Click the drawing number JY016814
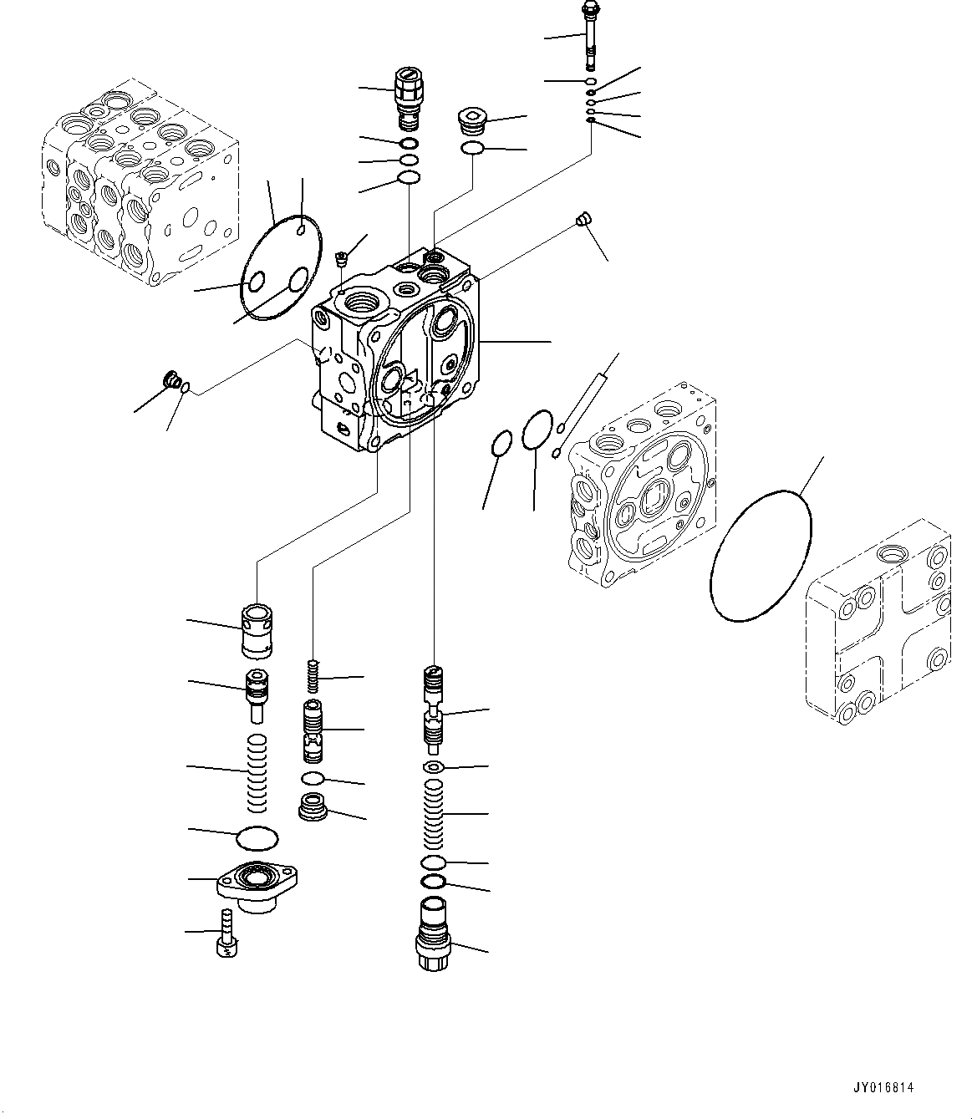click(x=883, y=1088)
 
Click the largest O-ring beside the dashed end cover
click(x=761, y=556)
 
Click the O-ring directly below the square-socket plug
click(x=473, y=149)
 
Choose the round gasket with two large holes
click(x=280, y=267)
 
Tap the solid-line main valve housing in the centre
click(x=397, y=351)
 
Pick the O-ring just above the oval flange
click(x=258, y=836)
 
